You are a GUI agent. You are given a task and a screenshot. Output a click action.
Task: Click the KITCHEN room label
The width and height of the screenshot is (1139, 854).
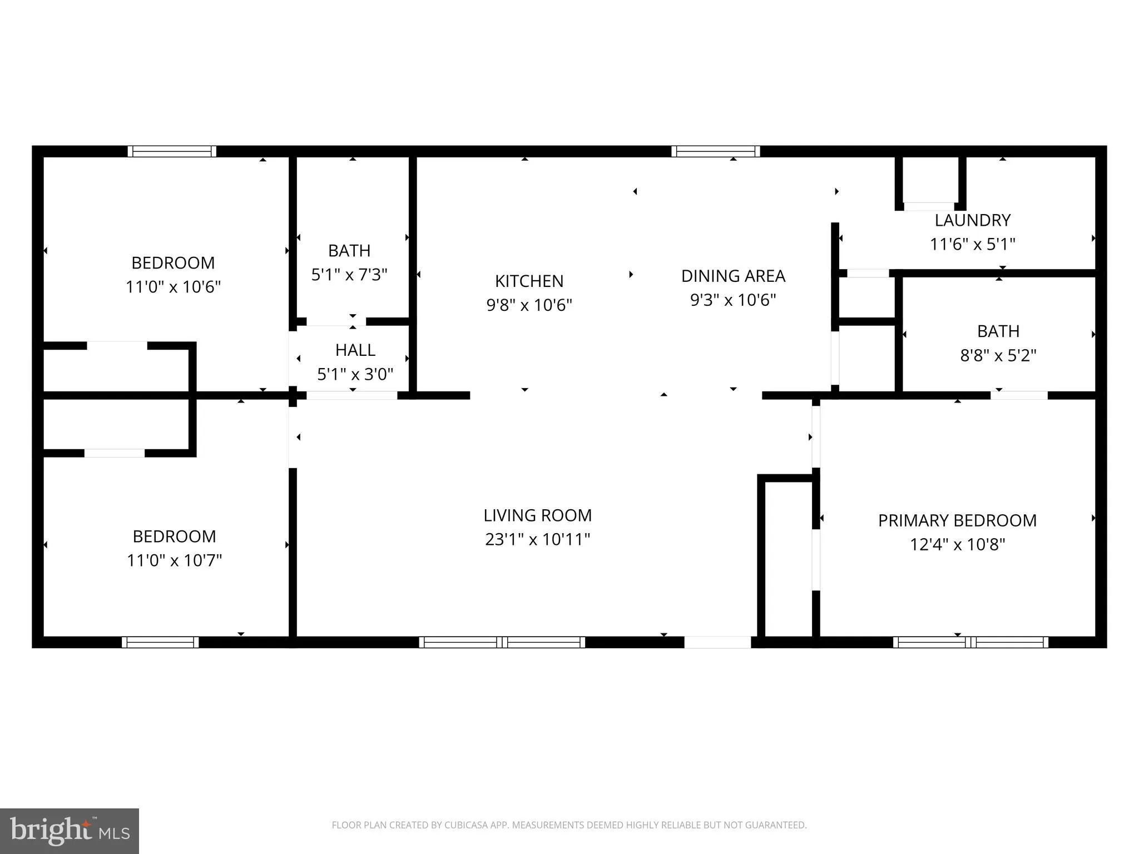point(529,281)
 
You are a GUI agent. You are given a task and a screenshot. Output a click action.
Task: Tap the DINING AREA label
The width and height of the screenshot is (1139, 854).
point(733,276)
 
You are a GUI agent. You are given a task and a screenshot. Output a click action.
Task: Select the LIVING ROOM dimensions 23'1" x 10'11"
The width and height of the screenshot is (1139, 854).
point(537,539)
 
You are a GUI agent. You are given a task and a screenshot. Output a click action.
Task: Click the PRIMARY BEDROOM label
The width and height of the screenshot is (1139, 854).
point(957,520)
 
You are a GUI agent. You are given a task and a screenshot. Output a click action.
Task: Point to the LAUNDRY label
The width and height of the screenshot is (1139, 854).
point(972,220)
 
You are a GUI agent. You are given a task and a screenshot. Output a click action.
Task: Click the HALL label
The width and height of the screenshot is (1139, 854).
point(355,350)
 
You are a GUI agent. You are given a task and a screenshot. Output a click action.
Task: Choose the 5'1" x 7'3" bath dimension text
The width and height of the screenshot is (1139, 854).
point(349,275)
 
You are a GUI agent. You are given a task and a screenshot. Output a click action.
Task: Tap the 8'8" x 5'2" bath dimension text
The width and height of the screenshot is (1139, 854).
point(998,355)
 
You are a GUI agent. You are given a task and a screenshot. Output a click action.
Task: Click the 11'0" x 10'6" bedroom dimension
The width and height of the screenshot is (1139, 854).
point(173,287)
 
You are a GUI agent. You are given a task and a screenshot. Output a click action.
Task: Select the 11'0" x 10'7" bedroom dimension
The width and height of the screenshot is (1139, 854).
point(174,560)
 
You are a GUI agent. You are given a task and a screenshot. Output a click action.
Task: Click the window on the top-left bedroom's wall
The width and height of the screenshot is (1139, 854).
point(172,151)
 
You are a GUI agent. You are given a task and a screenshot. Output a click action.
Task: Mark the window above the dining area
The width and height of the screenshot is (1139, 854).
point(715,151)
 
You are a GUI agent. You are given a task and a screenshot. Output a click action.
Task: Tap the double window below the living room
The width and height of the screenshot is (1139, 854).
point(502,642)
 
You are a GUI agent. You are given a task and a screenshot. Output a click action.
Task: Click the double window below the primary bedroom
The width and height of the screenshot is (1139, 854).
point(970,642)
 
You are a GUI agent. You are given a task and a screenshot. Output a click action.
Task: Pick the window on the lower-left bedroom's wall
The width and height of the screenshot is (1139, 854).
point(160,642)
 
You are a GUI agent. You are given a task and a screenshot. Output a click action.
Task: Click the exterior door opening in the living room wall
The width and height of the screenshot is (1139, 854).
point(717,642)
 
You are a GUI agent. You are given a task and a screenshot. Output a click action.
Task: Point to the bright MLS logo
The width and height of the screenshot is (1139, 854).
point(70,831)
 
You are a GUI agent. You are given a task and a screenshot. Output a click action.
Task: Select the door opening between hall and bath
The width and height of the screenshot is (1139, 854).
point(336,321)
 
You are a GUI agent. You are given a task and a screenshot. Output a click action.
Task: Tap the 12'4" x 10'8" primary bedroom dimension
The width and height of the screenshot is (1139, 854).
point(957,544)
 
